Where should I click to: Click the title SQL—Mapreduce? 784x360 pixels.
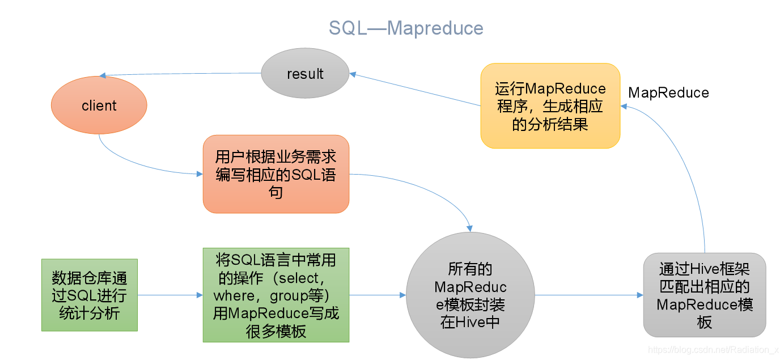(x=406, y=28)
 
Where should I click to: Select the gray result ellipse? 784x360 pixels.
(x=305, y=74)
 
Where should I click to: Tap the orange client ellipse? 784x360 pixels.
(x=99, y=105)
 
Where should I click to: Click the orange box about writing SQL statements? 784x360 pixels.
(x=276, y=174)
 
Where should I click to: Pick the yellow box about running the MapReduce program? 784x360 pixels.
(x=550, y=106)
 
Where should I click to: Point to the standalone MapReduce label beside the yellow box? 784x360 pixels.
(x=668, y=93)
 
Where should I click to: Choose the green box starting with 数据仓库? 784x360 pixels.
(x=90, y=295)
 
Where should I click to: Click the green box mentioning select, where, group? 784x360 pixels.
(x=276, y=295)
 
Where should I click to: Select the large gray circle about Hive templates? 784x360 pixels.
(x=470, y=295)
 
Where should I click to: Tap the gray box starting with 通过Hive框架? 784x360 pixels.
(x=705, y=295)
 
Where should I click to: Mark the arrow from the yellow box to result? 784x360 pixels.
(x=414, y=90)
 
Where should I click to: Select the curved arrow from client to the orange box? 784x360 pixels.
(x=142, y=164)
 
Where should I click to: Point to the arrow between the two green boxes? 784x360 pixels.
(x=170, y=295)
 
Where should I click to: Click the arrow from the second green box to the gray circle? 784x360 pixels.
(x=378, y=295)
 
